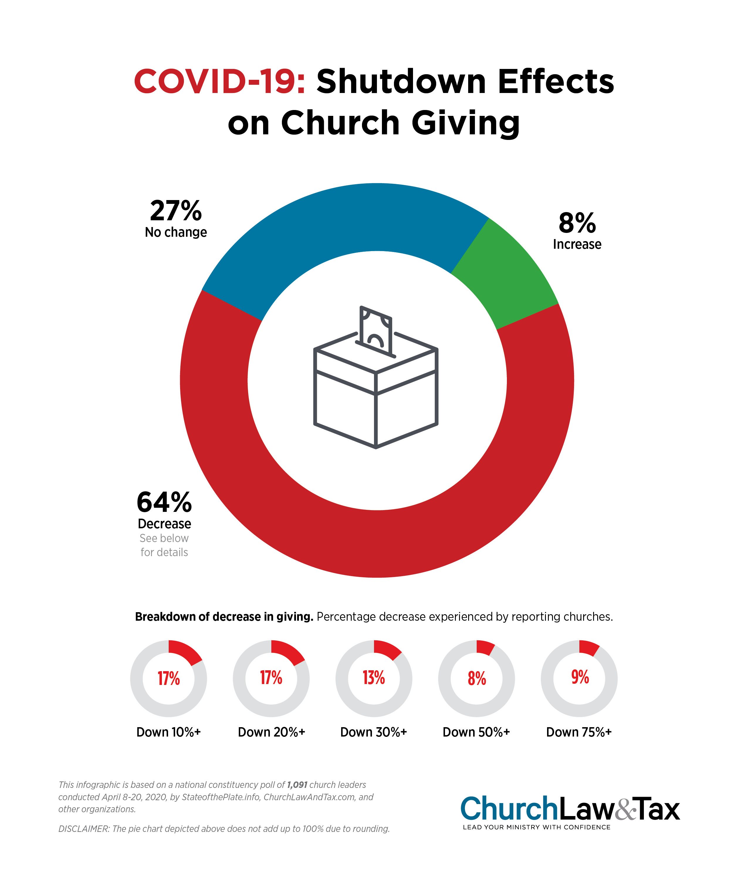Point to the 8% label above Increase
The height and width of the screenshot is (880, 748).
point(577,223)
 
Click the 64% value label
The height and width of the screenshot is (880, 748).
point(164,502)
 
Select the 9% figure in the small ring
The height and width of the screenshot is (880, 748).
point(580,677)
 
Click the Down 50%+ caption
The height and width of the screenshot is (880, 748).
point(476,732)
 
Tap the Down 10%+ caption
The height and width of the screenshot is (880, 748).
point(168,732)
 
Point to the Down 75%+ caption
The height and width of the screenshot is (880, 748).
point(579,732)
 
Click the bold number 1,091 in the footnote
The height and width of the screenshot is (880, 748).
point(297,785)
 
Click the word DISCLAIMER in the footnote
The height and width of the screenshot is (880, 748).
point(83,829)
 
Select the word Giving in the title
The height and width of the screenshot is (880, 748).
point(465,123)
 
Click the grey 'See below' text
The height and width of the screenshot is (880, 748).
point(164,538)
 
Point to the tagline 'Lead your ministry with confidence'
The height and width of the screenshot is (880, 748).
point(537,827)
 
